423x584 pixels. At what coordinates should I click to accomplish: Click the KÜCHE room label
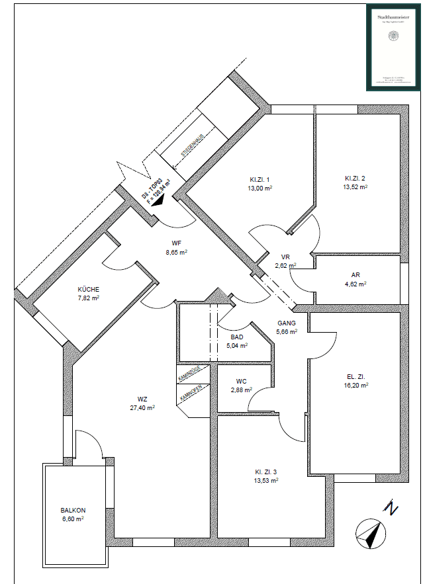[89, 290]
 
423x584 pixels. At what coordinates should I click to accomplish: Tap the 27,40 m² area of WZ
[142, 408]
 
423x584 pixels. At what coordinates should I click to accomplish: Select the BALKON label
[73, 510]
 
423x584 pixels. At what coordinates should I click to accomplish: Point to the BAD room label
[237, 337]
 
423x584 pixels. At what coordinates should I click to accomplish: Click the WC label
[242, 381]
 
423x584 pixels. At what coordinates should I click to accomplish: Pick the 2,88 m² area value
[242, 390]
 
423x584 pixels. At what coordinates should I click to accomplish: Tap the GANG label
[286, 323]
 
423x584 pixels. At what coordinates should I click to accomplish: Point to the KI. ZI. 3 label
[267, 472]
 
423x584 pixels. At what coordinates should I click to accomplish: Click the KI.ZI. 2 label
[355, 179]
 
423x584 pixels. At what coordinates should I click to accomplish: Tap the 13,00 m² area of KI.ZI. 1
[259, 188]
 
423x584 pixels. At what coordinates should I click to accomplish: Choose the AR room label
[355, 274]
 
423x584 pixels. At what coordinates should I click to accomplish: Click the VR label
[286, 257]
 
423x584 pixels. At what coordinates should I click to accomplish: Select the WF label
[176, 243]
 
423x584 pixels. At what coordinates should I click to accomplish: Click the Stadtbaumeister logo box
[393, 47]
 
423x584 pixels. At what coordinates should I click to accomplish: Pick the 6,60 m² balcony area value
[73, 519]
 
